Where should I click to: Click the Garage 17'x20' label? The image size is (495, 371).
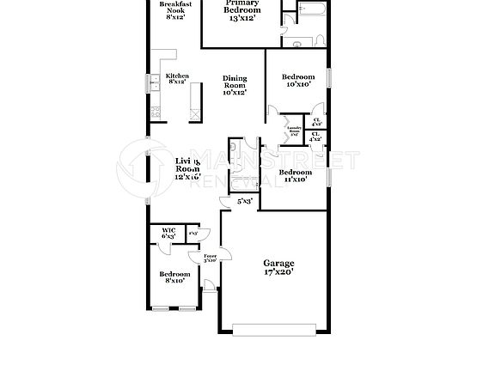pos(278,268)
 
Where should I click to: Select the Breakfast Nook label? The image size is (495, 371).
pos(174,10)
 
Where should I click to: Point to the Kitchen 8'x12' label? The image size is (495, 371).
pos(177,78)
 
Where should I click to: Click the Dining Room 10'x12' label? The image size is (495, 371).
pos(235,84)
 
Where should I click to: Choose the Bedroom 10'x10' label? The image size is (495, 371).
pos(297,81)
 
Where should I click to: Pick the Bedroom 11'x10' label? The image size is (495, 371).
pos(294,175)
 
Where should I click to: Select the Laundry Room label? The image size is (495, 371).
pos(294,131)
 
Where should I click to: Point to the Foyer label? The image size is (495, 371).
pos(210,259)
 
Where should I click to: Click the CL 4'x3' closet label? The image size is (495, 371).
pos(316,121)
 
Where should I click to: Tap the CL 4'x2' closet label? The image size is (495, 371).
pos(316,136)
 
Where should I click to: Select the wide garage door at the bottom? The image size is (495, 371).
pos(278,327)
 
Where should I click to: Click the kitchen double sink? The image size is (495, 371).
pos(154,82)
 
